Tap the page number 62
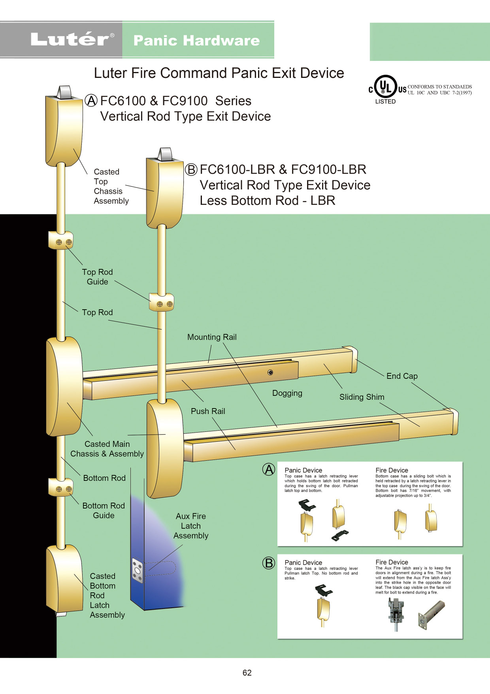[x=247, y=673]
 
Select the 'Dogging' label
[x=287, y=393]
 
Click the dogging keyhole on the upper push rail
[x=270, y=373]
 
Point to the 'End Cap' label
[x=402, y=376]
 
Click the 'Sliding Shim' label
[x=362, y=397]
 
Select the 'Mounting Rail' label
[x=212, y=337]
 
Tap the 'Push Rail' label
[x=208, y=411]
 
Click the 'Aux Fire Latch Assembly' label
[x=191, y=526]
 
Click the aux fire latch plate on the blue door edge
[x=138, y=571]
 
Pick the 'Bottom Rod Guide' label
[x=104, y=511]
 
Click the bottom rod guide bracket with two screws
[x=61, y=487]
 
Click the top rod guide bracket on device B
[x=162, y=303]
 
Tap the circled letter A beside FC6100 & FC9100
[x=91, y=101]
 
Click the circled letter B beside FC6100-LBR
[x=191, y=170]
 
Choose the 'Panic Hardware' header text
[x=196, y=40]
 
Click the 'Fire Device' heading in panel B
[x=392, y=562]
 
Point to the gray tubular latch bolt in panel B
[x=432, y=614]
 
